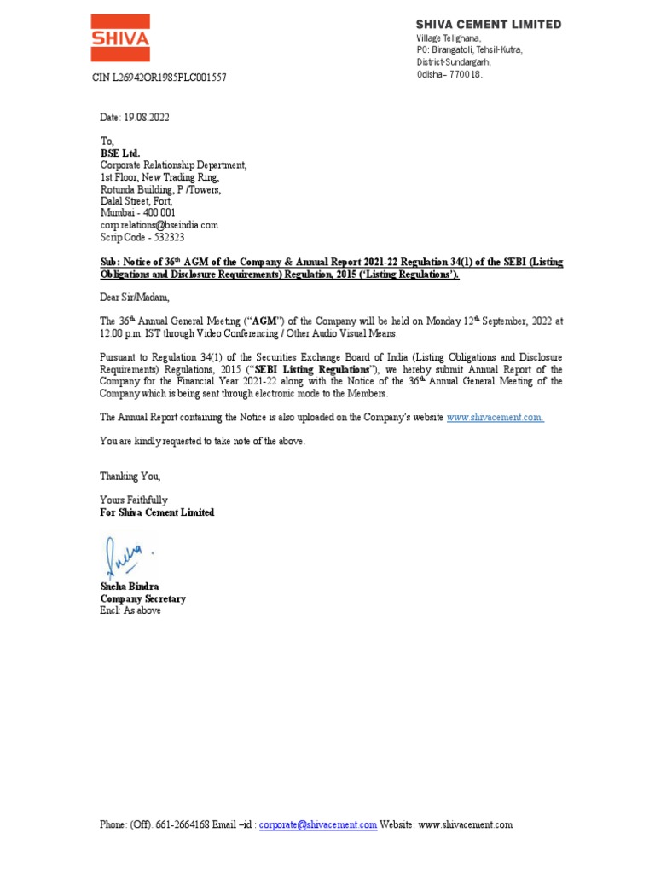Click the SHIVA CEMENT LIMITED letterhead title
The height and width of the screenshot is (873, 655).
(x=489, y=25)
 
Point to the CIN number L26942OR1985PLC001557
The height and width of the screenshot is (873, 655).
(x=159, y=78)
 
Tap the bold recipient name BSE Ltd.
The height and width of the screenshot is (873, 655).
(x=120, y=153)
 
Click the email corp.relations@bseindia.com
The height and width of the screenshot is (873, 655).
(x=159, y=225)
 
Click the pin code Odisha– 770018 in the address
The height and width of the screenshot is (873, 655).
(x=449, y=75)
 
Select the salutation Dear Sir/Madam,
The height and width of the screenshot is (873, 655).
(x=136, y=298)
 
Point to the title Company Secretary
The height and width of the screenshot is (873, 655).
(x=142, y=598)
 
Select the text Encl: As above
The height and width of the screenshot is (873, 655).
(x=130, y=610)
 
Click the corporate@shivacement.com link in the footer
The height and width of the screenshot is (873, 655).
(x=318, y=825)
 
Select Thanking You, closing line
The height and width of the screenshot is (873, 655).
(x=130, y=476)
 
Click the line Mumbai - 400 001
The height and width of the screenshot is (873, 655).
(x=138, y=213)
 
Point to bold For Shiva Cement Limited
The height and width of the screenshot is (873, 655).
(x=158, y=512)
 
